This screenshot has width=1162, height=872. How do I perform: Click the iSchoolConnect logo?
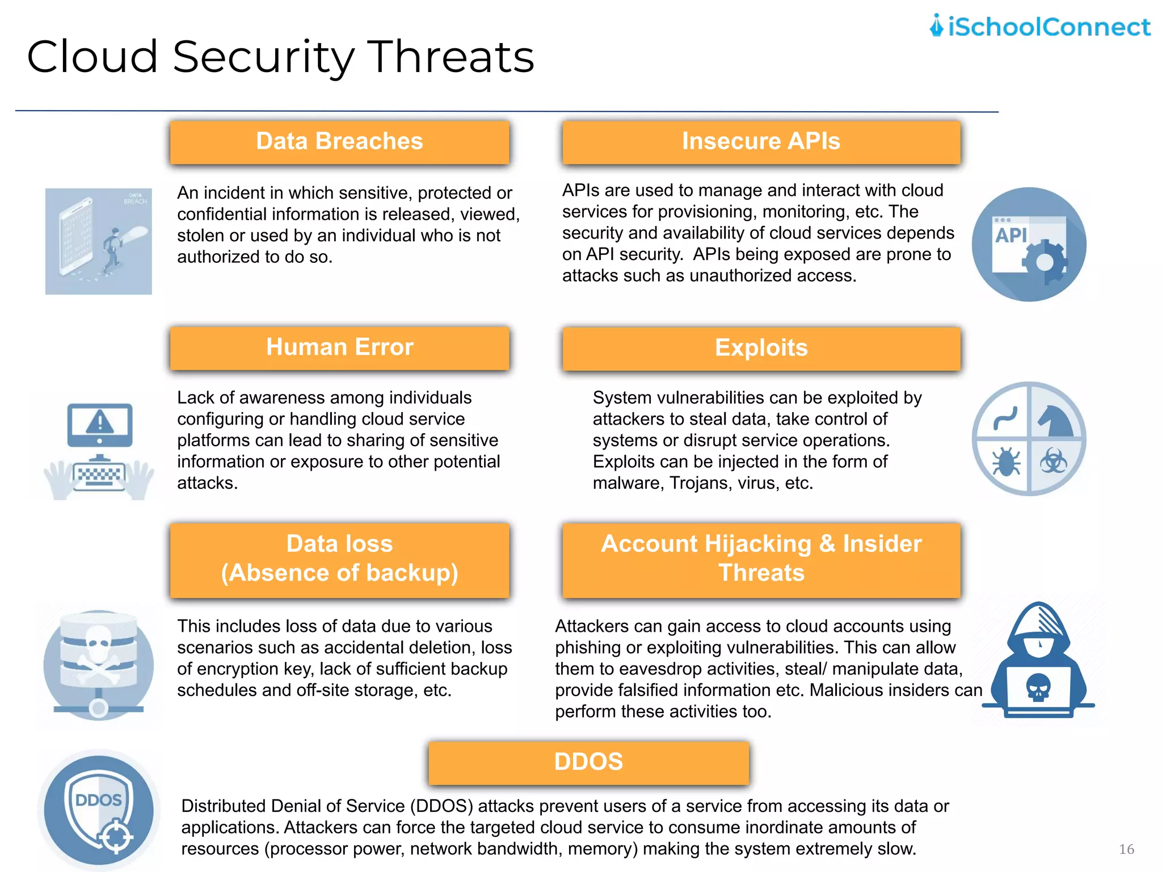pyautogui.click(x=1039, y=27)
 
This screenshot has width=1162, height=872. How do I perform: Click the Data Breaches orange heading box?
pyautogui.click(x=339, y=142)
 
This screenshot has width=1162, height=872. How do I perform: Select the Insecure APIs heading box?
pyautogui.click(x=761, y=142)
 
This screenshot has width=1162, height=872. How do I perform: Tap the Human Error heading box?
pyautogui.click(x=339, y=347)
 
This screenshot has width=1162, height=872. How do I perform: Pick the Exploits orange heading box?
pyautogui.click(x=761, y=348)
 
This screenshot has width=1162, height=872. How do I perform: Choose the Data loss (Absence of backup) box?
pyautogui.click(x=339, y=559)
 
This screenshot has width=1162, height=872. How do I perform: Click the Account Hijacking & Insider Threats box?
pyautogui.click(x=761, y=559)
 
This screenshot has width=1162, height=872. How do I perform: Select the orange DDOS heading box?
pyautogui.click(x=588, y=762)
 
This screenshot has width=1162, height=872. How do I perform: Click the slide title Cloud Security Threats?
pyautogui.click(x=280, y=57)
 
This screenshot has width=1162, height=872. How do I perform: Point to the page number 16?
pyautogui.click(x=1126, y=849)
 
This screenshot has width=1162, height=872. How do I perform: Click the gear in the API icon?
pyautogui.click(x=1045, y=262)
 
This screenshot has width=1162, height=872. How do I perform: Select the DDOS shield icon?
pyautogui.click(x=99, y=808)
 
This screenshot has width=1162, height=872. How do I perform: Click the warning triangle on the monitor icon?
pyautogui.click(x=100, y=421)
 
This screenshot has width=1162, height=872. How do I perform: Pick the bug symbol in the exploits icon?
pyautogui.click(x=1006, y=462)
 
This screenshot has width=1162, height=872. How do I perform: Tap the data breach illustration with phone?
pyautogui.click(x=99, y=241)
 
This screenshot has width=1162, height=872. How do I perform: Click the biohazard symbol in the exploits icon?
pyautogui.click(x=1053, y=462)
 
